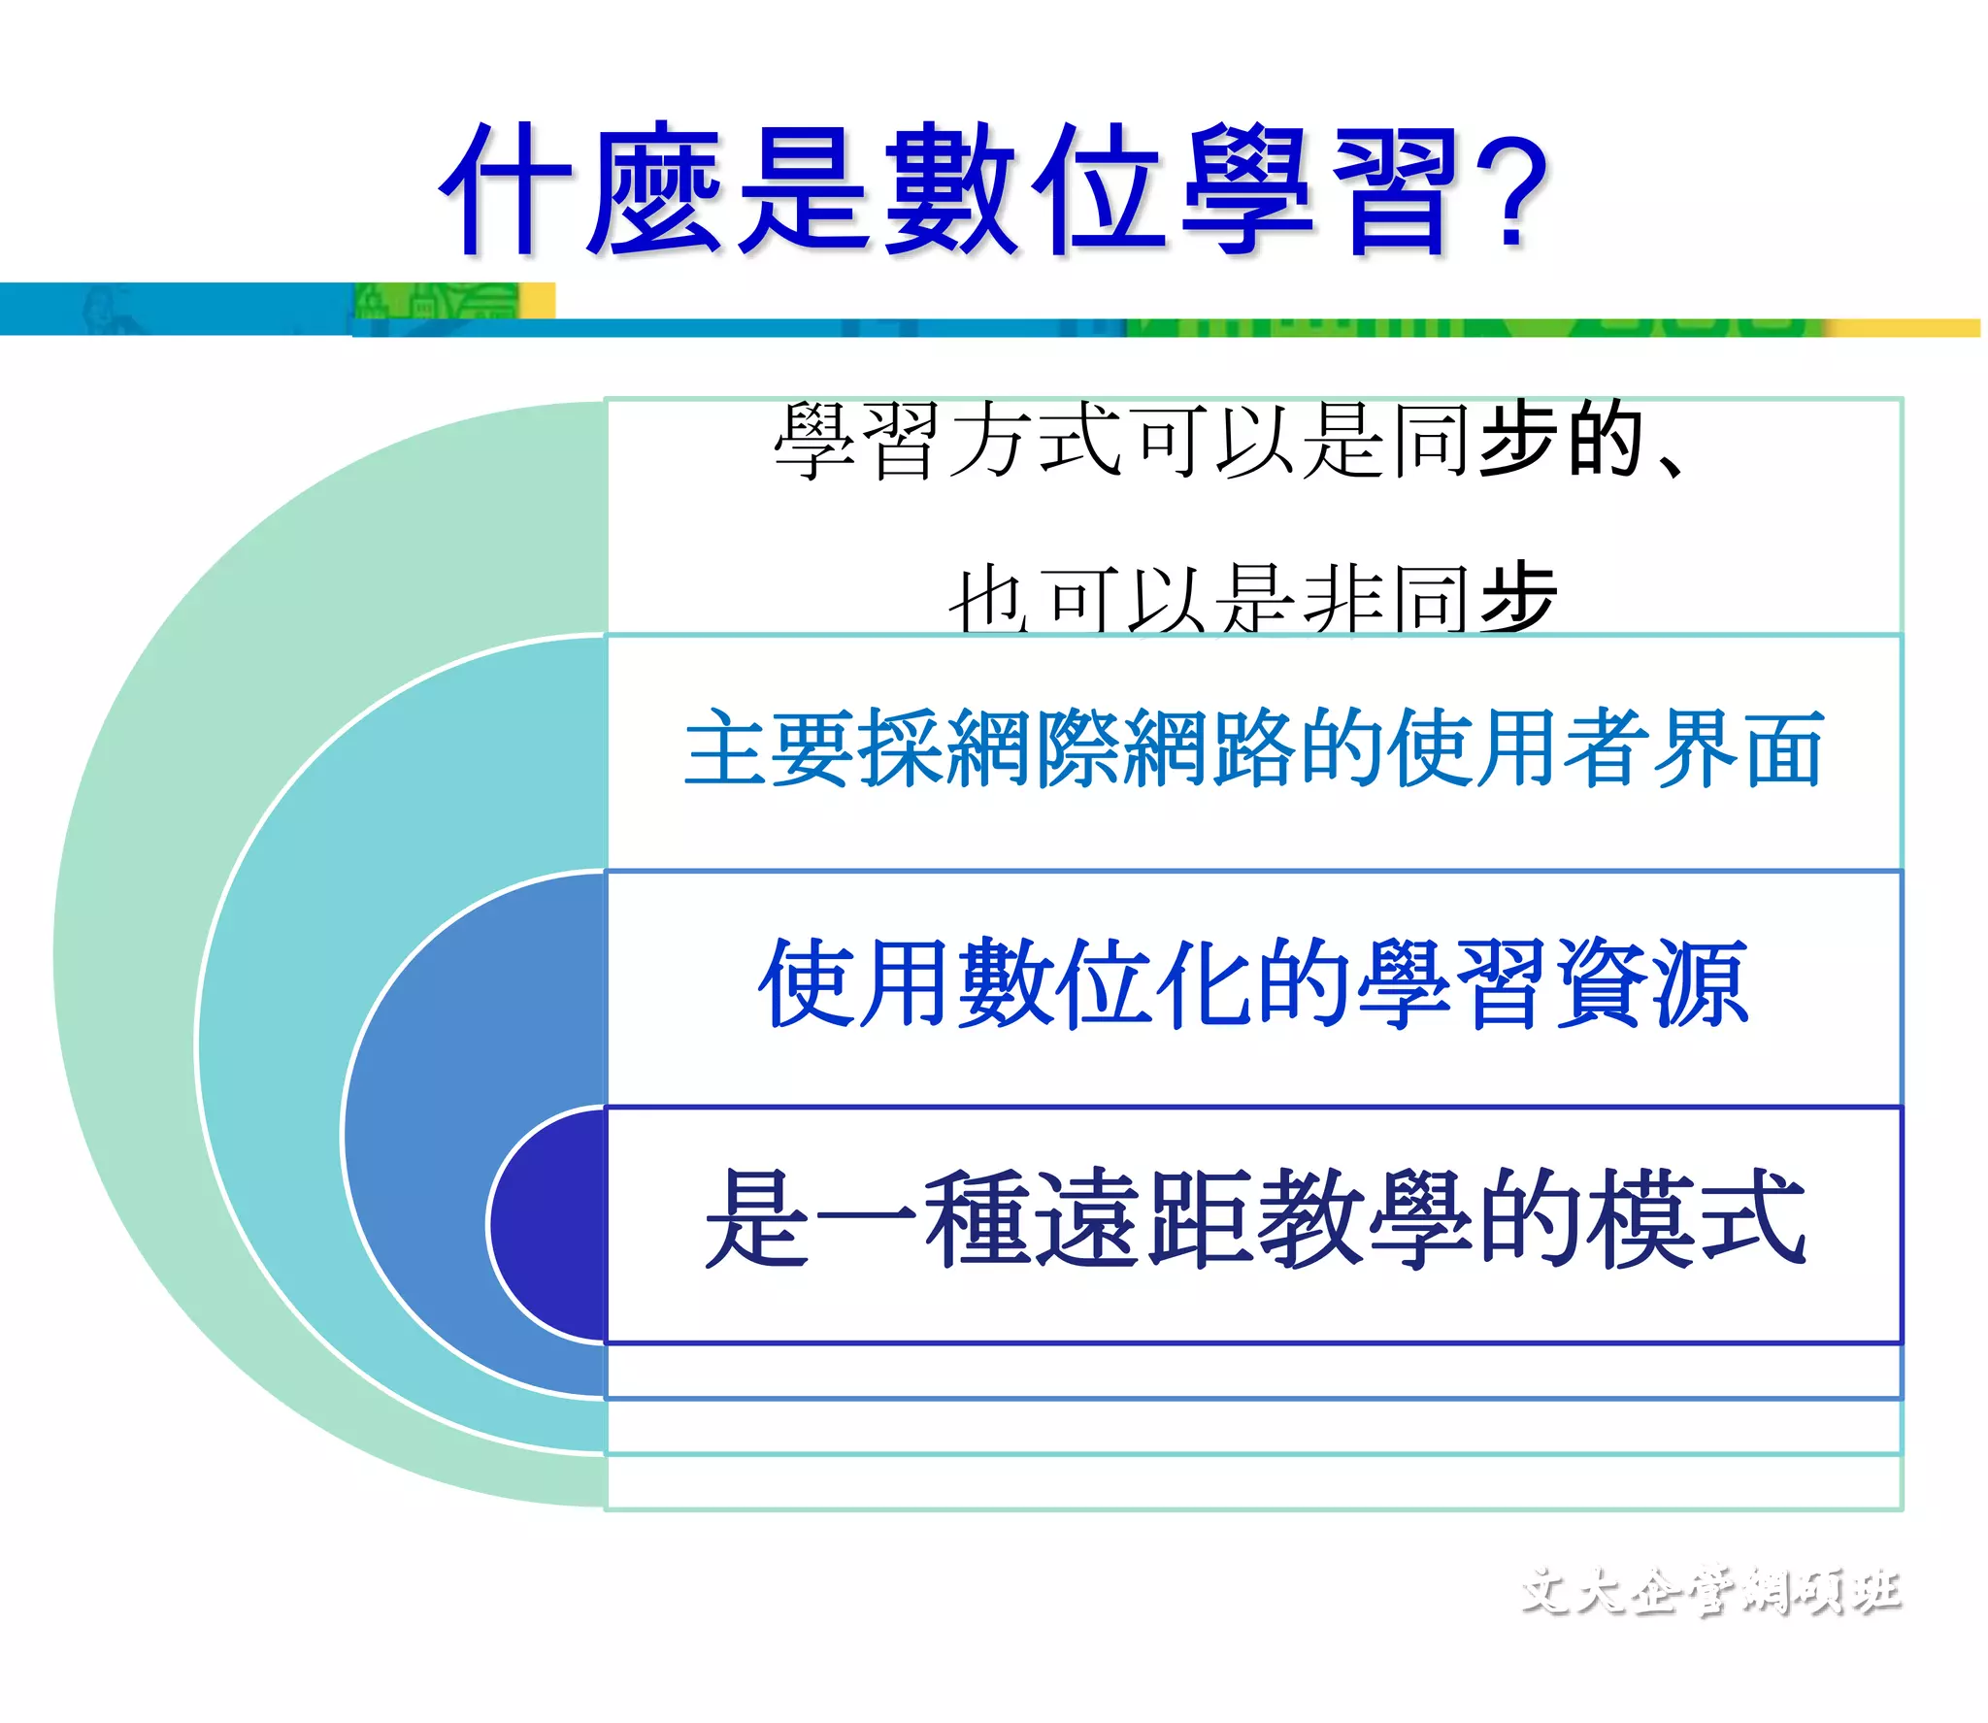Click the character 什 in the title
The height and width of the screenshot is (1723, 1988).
505,189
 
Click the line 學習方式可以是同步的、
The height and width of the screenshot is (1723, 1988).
1228,442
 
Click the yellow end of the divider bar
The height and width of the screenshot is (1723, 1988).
1903,328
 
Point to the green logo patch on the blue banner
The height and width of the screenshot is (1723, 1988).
437,302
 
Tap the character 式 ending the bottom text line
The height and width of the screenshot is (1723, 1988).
1752,1218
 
